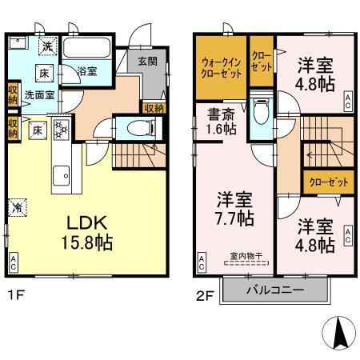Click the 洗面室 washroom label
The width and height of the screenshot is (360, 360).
[x=36, y=94]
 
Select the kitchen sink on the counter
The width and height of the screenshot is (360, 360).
[x=61, y=173]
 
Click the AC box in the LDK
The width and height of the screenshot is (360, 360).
[x=14, y=261]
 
